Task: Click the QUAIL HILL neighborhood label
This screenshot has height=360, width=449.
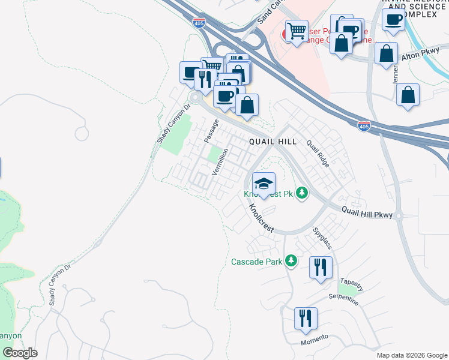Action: click(273, 141)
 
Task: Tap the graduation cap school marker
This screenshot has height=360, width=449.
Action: click(264, 184)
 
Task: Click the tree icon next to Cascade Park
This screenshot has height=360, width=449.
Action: click(291, 260)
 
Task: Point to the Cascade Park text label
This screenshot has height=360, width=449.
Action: click(257, 262)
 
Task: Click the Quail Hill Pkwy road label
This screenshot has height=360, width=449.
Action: click(367, 212)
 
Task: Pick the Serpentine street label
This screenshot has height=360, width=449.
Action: click(343, 299)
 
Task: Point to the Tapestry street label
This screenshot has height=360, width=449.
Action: click(351, 281)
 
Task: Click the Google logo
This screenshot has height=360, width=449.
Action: click(20, 353)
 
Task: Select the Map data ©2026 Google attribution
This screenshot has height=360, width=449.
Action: click(411, 355)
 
